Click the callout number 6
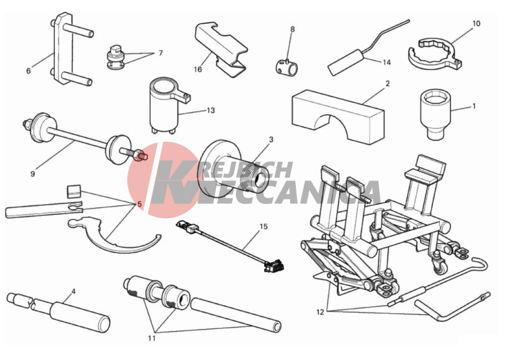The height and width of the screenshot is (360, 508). [28, 71]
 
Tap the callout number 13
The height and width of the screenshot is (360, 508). [211, 111]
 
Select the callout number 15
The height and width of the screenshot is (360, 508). [264, 227]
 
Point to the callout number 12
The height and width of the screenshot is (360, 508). [320, 312]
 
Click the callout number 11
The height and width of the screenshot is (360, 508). [152, 338]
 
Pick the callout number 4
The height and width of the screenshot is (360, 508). [74, 291]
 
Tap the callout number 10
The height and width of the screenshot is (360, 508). [476, 23]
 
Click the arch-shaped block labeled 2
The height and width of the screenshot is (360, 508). [338, 117]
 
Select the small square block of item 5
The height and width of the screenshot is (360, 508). [74, 191]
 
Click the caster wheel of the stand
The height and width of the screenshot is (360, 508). [440, 266]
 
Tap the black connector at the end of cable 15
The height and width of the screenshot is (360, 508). [274, 266]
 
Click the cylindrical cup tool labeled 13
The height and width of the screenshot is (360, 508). [165, 105]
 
